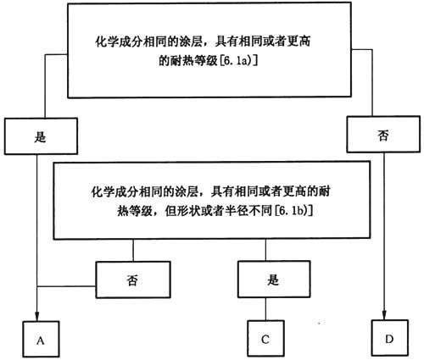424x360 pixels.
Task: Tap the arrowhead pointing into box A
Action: [x=37, y=316]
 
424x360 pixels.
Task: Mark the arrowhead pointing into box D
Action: [x=384, y=315]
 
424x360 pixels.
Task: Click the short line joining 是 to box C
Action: [x=265, y=309]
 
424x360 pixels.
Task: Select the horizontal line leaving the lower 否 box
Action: [x=66, y=286]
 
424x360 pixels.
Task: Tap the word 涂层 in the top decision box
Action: [x=190, y=42]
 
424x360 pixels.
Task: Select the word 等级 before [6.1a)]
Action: [x=206, y=60]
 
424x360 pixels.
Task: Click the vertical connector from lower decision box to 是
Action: [x=265, y=250]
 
